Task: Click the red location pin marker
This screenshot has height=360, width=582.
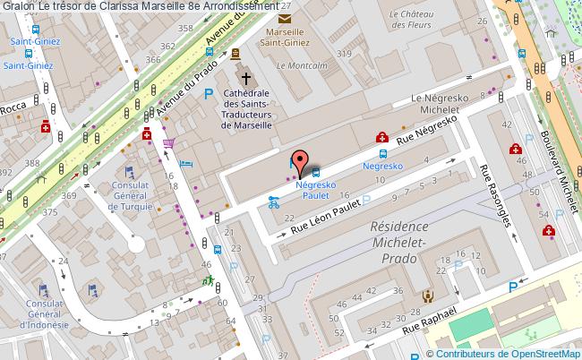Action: pos(302,160)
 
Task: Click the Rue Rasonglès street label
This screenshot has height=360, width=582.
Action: pos(495,195)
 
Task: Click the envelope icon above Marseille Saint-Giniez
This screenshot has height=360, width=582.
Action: pos(285,19)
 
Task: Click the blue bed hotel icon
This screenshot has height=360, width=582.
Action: pos(185,163)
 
